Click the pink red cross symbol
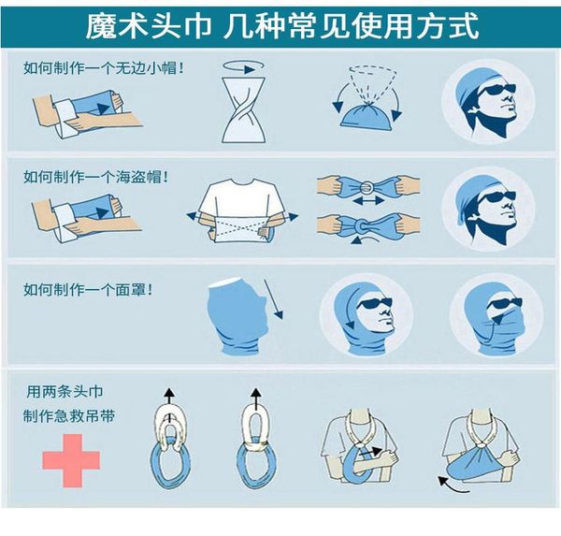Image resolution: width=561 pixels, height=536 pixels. [71, 461]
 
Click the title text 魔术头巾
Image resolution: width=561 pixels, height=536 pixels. [149, 25]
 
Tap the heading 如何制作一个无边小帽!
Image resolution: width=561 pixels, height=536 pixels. [103, 68]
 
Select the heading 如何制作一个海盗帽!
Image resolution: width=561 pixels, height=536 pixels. [95, 177]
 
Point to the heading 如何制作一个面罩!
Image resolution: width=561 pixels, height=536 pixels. [88, 290]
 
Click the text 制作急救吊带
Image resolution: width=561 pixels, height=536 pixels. [69, 416]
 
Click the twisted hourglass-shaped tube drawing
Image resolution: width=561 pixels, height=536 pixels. [243, 110]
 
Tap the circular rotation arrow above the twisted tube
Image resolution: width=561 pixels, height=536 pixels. [243, 66]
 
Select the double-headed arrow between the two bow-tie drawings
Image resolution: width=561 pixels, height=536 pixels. [368, 201]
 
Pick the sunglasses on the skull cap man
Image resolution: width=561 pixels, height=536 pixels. [496, 90]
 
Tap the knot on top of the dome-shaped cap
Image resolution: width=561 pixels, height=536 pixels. [367, 105]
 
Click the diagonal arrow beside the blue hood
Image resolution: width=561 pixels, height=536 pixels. [273, 299]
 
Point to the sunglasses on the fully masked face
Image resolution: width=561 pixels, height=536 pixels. [504, 304]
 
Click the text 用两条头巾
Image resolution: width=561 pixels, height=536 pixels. [65, 391]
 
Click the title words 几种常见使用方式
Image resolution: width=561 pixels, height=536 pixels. [351, 25]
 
